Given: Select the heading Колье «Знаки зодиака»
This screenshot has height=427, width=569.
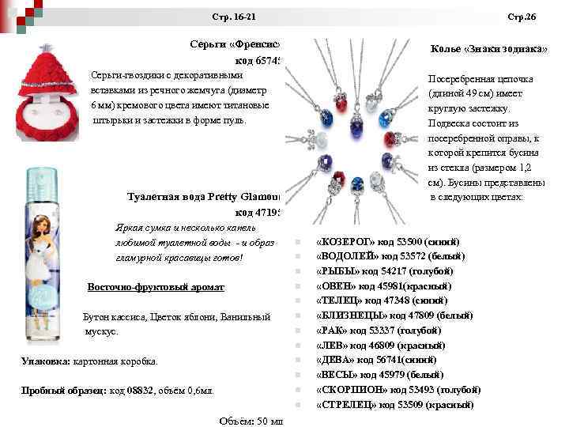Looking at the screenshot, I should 489,49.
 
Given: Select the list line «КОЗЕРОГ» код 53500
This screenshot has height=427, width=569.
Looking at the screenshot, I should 386,241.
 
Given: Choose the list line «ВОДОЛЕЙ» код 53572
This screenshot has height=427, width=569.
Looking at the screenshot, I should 386,256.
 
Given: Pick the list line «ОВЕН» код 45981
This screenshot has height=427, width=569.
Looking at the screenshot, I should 382,286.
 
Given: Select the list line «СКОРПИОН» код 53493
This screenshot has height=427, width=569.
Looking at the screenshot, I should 398,390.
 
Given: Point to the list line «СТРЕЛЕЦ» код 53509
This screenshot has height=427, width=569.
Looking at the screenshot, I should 394,405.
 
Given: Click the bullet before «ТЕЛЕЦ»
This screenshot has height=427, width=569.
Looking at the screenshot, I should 293,301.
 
